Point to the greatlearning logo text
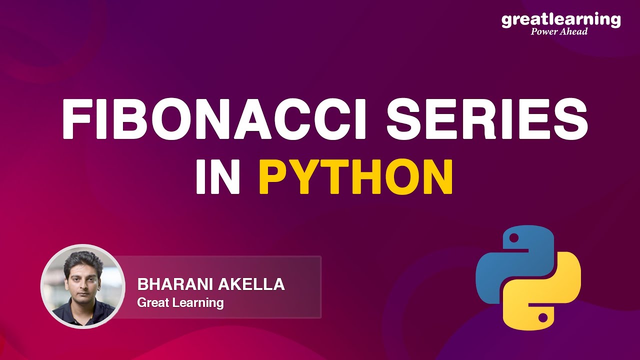coord(560,20)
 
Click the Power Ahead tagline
coord(559,31)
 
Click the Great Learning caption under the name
coord(180,302)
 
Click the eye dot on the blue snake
coord(513,239)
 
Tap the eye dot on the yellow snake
coord(543,316)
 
